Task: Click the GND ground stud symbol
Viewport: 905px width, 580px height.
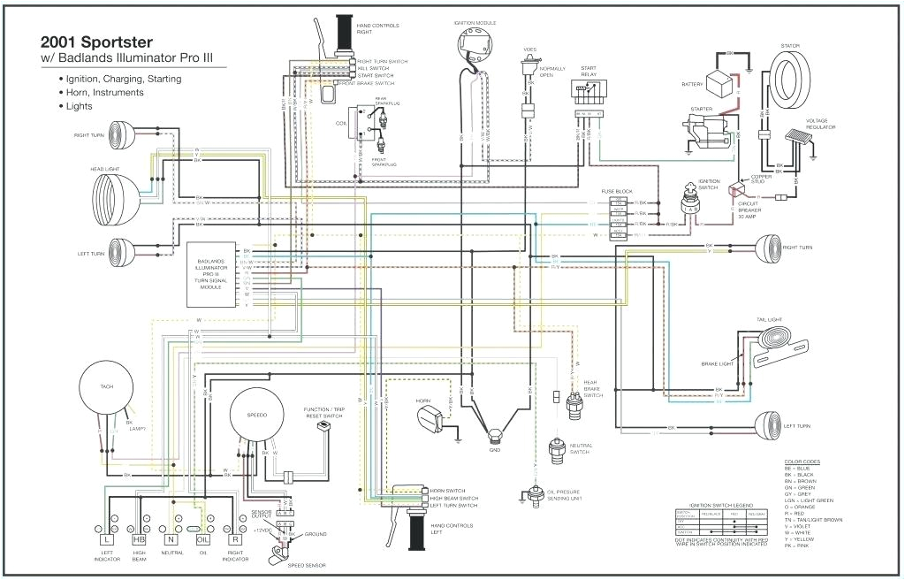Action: [494, 434]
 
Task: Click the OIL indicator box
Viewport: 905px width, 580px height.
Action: [202, 538]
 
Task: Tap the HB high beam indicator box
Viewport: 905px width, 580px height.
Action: [139, 538]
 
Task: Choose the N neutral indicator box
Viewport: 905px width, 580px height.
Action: [171, 538]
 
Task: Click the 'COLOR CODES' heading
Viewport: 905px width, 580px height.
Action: [802, 462]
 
